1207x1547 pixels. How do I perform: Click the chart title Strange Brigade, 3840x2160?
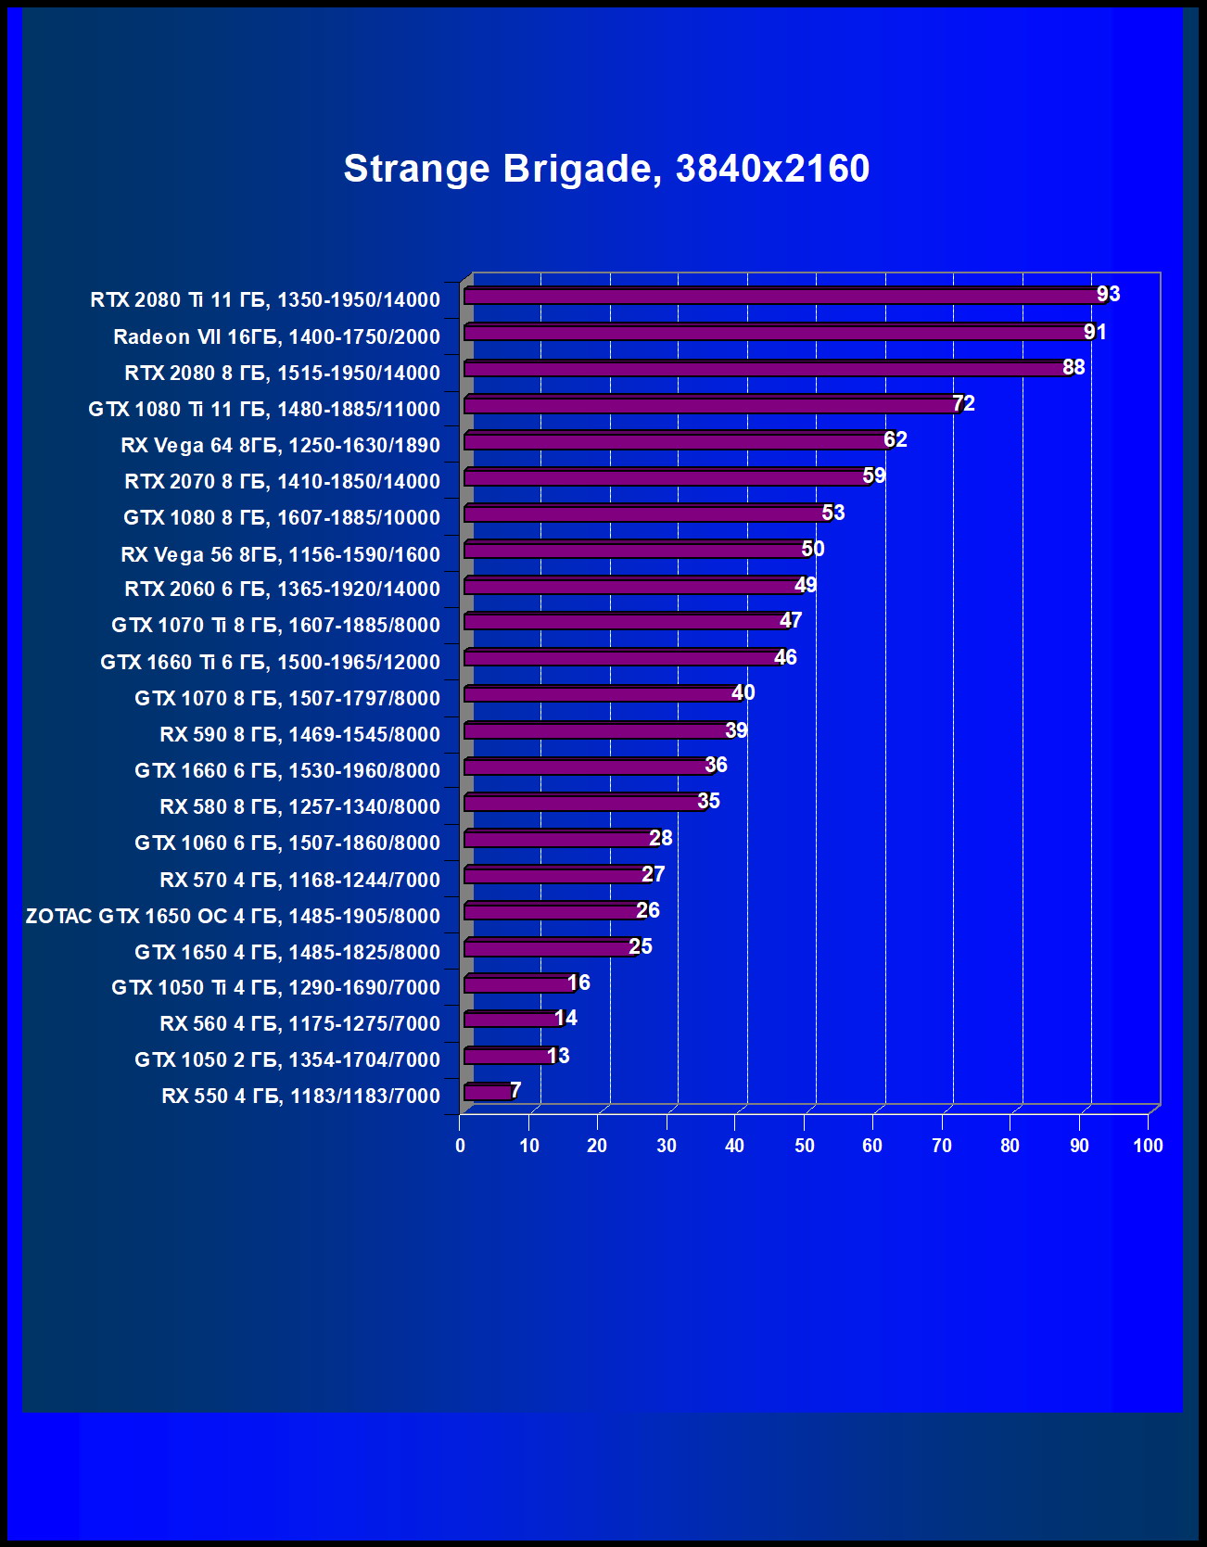coord(606,169)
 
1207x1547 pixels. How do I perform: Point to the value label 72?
coord(964,403)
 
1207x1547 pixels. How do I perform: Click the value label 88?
coord(1074,367)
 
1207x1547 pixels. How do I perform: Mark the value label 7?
coord(515,1090)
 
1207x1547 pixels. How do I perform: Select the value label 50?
coord(813,549)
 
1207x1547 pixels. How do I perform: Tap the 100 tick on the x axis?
coord(1148,1146)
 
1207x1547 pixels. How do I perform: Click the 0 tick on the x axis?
coord(460,1146)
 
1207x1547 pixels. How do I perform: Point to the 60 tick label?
coord(872,1146)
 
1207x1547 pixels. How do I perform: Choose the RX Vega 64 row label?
coord(280,446)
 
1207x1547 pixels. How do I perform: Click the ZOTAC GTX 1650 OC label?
coord(233,916)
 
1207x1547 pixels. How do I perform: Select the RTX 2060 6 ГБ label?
coord(282,590)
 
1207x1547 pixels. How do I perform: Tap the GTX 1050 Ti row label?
coord(275,988)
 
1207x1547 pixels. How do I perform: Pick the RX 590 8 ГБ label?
coord(299,735)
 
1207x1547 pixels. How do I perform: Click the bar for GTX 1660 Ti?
coord(623,658)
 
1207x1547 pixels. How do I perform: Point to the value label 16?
coord(578,983)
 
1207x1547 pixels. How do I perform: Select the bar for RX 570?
coord(556,875)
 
